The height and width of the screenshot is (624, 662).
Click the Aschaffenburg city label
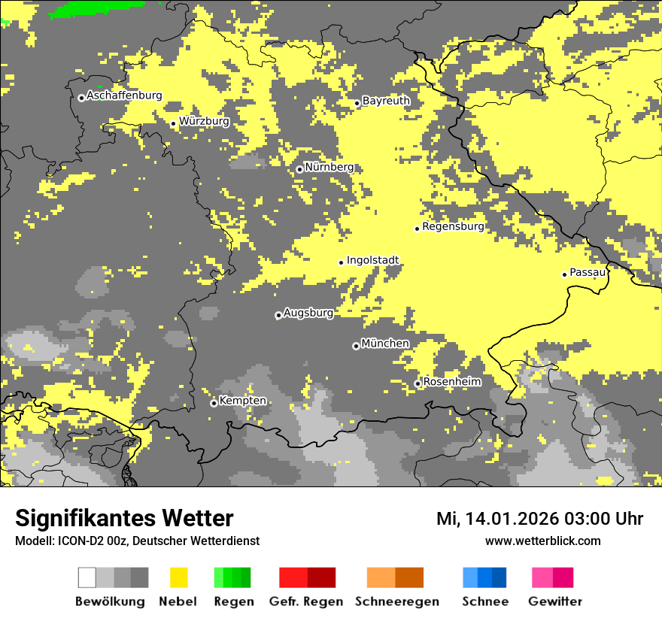124,96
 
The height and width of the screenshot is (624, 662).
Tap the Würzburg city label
204,121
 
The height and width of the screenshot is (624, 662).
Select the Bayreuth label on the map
386,101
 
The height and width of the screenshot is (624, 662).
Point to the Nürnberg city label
329,167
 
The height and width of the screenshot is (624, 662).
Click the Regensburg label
453,226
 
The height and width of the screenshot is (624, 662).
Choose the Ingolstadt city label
372,261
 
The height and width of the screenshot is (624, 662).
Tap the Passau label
588,272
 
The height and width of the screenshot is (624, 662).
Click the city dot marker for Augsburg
278,316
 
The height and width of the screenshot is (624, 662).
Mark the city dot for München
356,346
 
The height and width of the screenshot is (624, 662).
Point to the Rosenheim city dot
418,384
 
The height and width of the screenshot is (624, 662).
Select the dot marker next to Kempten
214,403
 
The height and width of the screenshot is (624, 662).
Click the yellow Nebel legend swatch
179,577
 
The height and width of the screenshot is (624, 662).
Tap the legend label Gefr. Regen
306,601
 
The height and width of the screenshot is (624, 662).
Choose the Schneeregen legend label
397,601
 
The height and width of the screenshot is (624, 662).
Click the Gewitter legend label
555,601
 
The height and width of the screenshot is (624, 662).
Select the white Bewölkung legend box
87,577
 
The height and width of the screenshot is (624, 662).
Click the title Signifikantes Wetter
124,519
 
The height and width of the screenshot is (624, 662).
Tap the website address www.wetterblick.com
542,541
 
